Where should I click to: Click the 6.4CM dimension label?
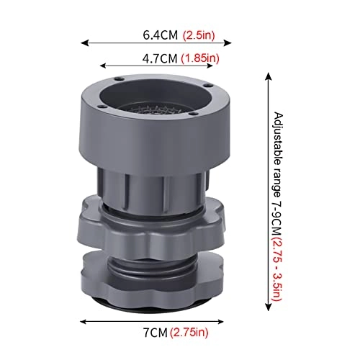(x=161, y=35)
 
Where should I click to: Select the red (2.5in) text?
(x=199, y=35)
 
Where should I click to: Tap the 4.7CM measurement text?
(x=160, y=58)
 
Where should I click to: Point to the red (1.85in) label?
(x=200, y=58)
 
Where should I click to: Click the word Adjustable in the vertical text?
(x=278, y=138)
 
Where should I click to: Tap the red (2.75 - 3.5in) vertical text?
(x=278, y=269)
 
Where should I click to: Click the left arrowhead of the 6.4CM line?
(x=84, y=43)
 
